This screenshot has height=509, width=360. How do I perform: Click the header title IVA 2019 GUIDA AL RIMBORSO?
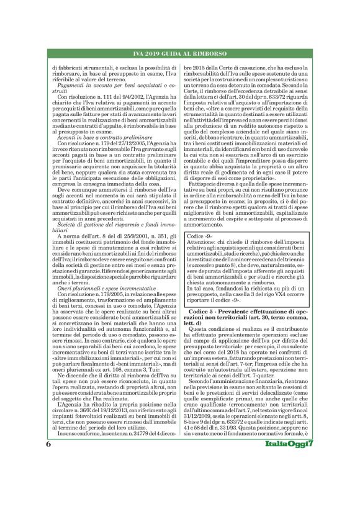coord(179,55)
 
